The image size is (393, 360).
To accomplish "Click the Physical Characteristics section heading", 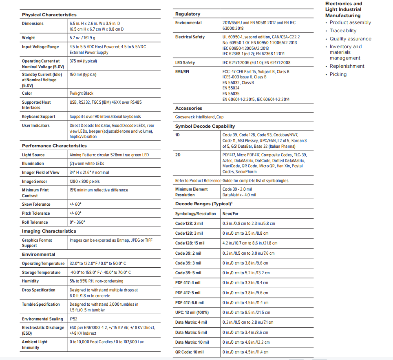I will pyautogui.click(x=49, y=15).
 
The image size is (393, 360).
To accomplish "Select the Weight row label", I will pyautogui.click(x=29, y=38).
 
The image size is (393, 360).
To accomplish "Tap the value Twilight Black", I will pyautogui.click(x=82, y=93).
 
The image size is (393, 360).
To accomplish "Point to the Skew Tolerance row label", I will pyautogui.click(x=36, y=204).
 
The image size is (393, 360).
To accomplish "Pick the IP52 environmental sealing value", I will pyautogui.click(x=73, y=319).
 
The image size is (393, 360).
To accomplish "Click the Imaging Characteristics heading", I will pyautogui.click(x=49, y=231).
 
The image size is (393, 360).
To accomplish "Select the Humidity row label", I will pyautogui.click(x=31, y=281).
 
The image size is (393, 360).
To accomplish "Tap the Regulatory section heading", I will pyautogui.click(x=188, y=14).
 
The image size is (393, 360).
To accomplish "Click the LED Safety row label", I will pyautogui.click(x=185, y=63).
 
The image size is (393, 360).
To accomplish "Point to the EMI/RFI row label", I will pyautogui.click(x=182, y=72).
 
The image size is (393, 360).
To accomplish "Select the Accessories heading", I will pyautogui.click(x=189, y=108).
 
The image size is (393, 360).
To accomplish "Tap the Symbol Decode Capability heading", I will pyautogui.click(x=205, y=126).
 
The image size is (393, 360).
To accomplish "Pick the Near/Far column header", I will pyautogui.click(x=230, y=214).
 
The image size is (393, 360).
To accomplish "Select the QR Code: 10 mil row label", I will pyautogui.click(x=190, y=352).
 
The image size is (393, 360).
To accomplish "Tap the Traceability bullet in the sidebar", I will pyautogui.click(x=343, y=31).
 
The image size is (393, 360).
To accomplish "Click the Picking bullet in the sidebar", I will pyautogui.click(x=338, y=74).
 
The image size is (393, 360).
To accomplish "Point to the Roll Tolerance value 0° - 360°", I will pyautogui.click(x=77, y=222).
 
